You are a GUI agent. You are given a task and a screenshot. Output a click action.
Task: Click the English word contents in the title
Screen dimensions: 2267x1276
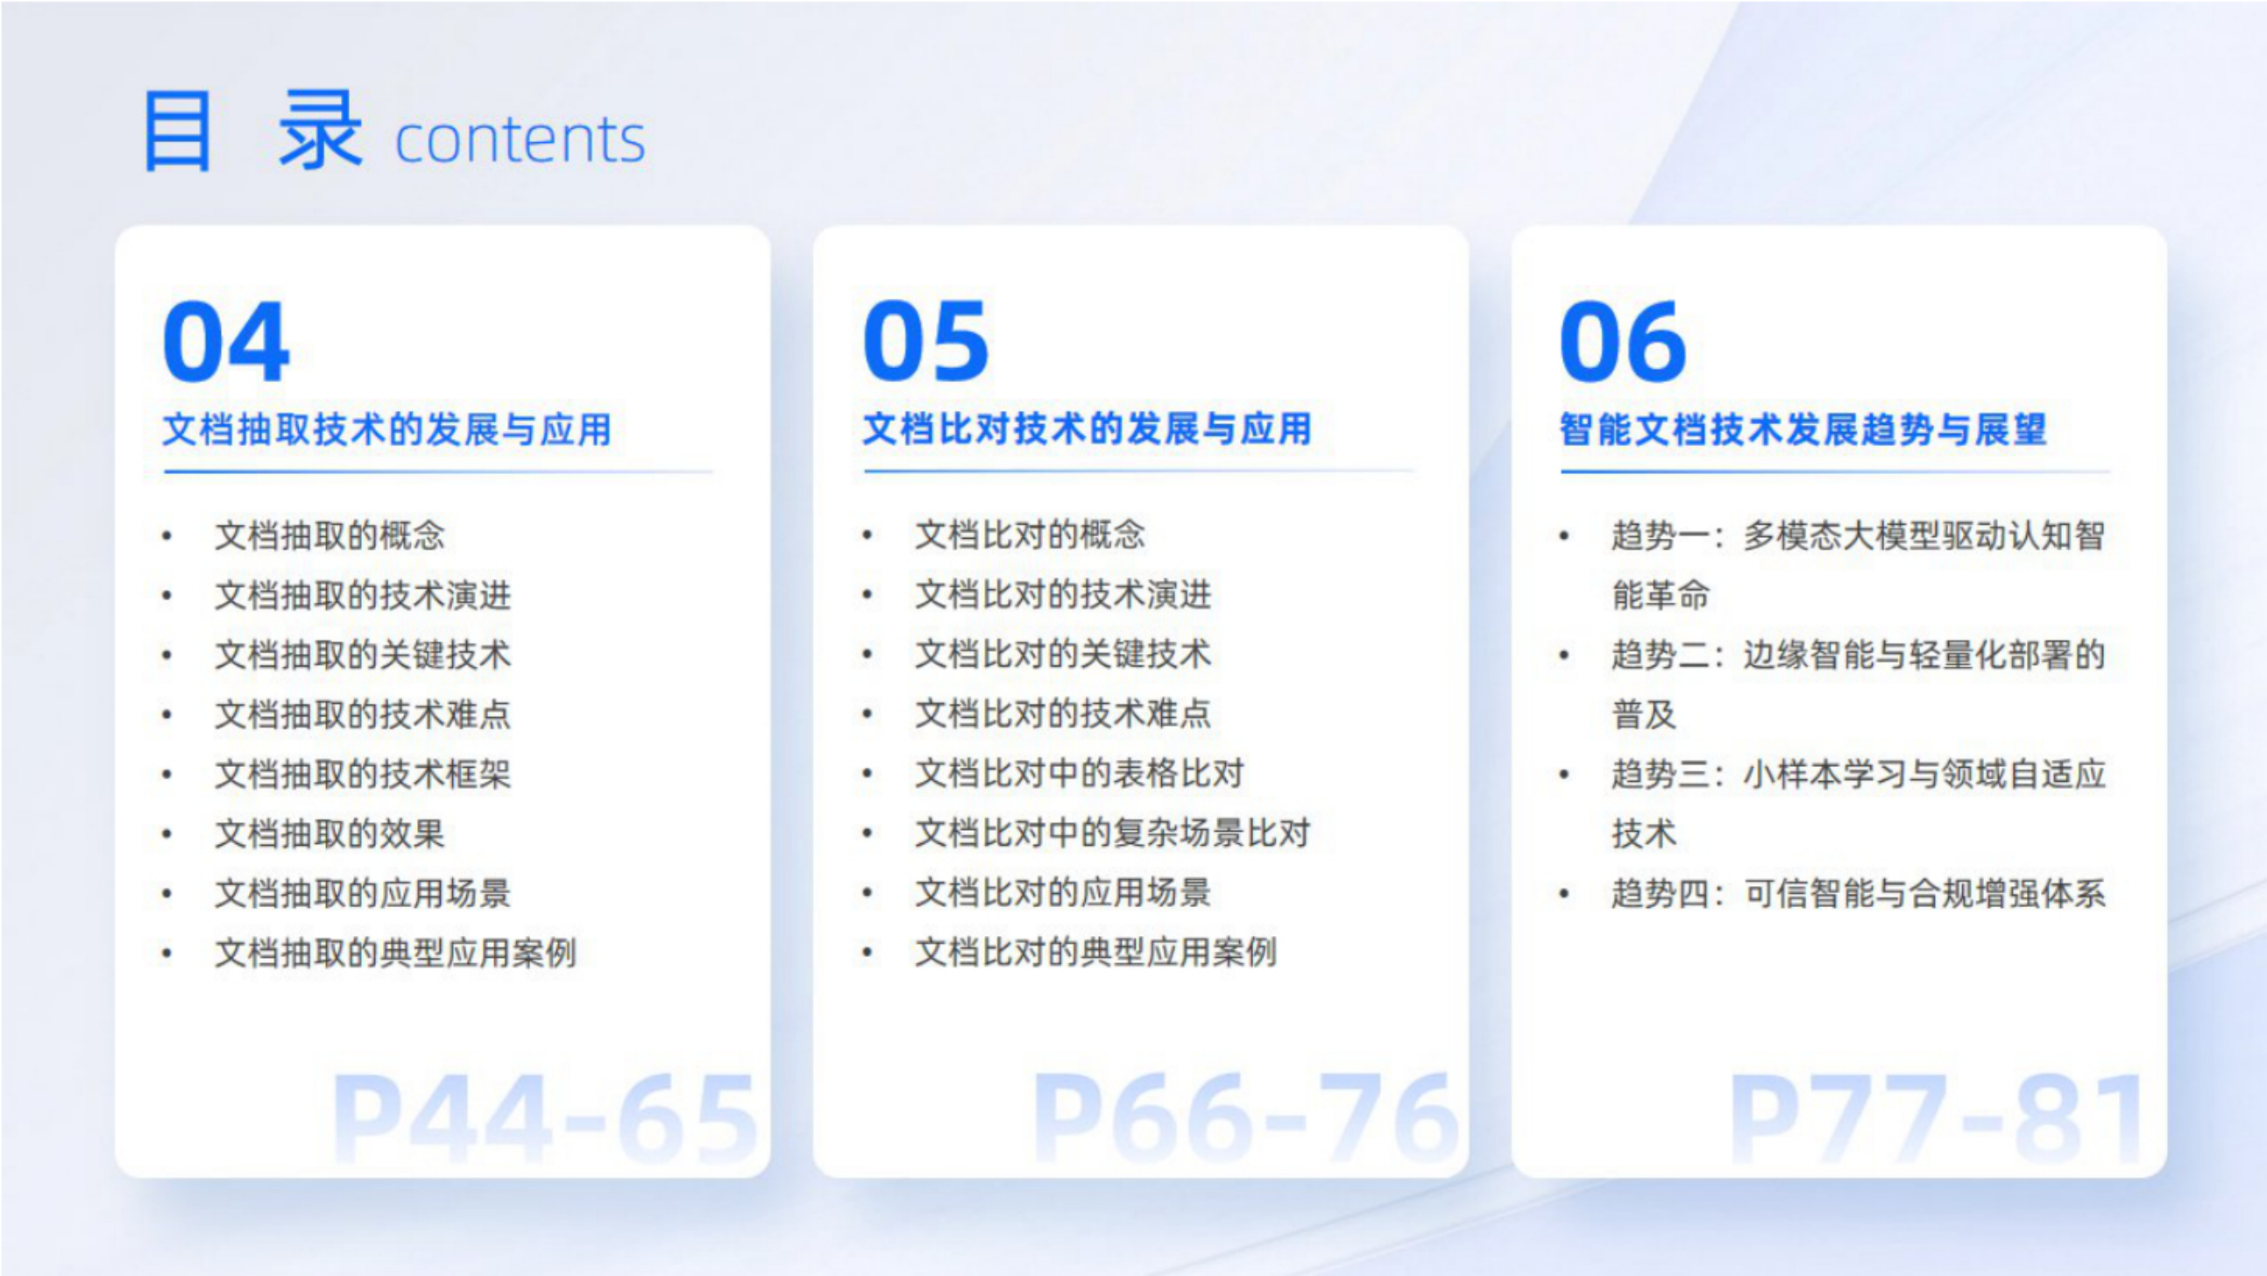click(x=521, y=140)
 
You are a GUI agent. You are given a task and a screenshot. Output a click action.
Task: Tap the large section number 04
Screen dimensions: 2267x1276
click(x=226, y=342)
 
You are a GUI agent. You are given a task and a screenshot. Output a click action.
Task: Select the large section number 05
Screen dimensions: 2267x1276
click(x=925, y=342)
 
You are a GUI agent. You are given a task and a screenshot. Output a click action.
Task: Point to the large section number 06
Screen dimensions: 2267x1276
click(x=1623, y=342)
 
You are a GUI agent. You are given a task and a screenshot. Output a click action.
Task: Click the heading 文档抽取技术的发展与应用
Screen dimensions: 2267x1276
click(x=387, y=429)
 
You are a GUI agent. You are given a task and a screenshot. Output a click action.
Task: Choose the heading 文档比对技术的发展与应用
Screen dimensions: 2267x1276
click(x=1087, y=429)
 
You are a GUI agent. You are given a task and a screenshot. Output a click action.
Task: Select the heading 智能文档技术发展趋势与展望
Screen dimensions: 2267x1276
click(x=1803, y=429)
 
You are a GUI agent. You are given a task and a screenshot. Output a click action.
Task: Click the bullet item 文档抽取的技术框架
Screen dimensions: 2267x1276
click(x=363, y=775)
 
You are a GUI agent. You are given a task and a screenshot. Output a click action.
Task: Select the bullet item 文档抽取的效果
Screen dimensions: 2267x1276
click(x=330, y=834)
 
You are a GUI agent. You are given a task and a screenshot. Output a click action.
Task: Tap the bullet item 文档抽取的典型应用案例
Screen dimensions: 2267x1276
click(x=395, y=953)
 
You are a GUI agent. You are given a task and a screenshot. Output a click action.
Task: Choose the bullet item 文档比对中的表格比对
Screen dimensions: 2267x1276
click(x=1080, y=774)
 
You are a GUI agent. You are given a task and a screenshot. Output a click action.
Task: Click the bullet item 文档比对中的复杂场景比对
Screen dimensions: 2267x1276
click(x=1113, y=833)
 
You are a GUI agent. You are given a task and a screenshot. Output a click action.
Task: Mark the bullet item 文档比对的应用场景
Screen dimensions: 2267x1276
click(x=1063, y=893)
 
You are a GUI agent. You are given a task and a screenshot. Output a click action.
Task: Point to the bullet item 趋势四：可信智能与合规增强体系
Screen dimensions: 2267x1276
click(x=1859, y=894)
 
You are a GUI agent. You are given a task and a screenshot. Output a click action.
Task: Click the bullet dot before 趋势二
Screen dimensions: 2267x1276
click(x=1564, y=656)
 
